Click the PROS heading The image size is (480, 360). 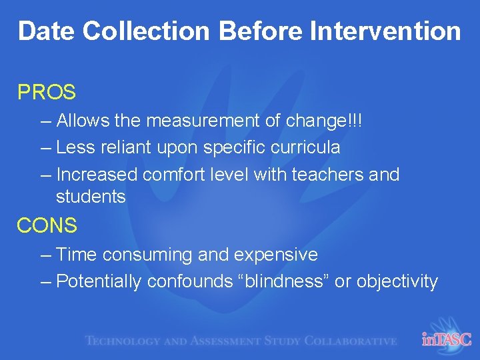pos(47,92)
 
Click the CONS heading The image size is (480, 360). pos(47,226)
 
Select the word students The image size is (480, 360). pos(91,197)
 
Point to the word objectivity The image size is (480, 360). pos(397,282)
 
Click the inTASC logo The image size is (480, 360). pos(446,339)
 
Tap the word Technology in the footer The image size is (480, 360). pos(123,341)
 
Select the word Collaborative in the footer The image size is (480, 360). pos(350,341)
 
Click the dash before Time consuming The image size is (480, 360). pos(45,255)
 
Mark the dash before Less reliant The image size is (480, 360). pos(45,147)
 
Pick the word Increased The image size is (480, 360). pos(97,175)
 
